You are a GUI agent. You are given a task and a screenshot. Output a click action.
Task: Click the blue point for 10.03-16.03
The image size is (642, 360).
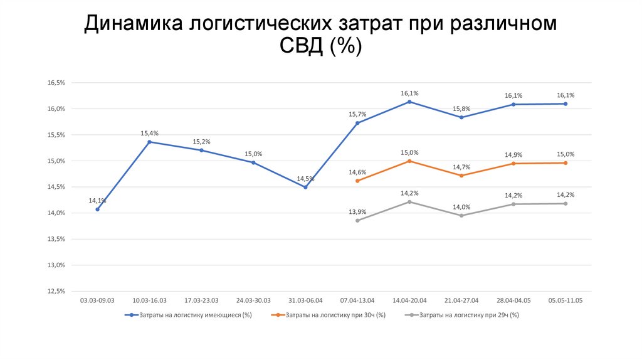pyautogui.click(x=149, y=142)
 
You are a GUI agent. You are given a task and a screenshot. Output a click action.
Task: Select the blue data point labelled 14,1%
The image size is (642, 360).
pyautogui.click(x=97, y=209)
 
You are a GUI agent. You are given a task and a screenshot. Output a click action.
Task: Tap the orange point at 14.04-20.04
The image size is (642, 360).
pyautogui.click(x=409, y=161)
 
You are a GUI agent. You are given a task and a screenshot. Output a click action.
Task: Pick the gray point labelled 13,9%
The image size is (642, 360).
pyautogui.click(x=357, y=220)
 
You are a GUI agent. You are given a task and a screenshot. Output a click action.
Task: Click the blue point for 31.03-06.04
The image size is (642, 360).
pyautogui.click(x=305, y=187)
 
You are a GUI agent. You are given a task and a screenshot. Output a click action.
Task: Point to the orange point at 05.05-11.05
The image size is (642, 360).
pyautogui.click(x=566, y=163)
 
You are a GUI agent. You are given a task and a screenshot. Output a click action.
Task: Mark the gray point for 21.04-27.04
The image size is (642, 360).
pyautogui.click(x=461, y=215)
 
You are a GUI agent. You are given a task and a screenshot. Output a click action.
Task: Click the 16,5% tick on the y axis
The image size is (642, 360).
pyautogui.click(x=56, y=83)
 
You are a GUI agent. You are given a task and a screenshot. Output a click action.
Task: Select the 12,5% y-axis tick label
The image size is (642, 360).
pyautogui.click(x=56, y=291)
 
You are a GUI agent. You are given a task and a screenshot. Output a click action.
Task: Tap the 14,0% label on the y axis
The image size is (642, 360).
pyautogui.click(x=56, y=213)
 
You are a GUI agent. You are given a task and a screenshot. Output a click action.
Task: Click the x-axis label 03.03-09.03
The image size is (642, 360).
pyautogui.click(x=97, y=300)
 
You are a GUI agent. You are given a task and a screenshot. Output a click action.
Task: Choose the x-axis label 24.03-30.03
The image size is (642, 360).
pyautogui.click(x=253, y=300)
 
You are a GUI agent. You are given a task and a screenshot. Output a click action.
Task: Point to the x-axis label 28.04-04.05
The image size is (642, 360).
pyautogui.click(x=513, y=300)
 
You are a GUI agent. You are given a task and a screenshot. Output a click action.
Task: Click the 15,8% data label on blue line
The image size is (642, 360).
pyautogui.click(x=461, y=108)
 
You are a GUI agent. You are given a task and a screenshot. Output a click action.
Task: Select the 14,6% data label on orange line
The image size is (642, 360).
pyautogui.click(x=357, y=172)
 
